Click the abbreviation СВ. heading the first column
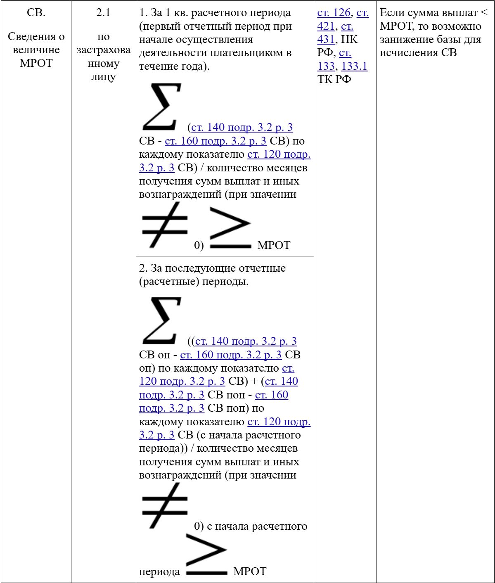[36, 13]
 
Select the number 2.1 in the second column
[103, 13]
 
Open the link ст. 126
[334, 13]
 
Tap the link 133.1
[354, 66]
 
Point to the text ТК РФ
[334, 79]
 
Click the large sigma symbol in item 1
[161, 107]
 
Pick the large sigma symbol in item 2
[161, 320]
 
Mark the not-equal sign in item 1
[164, 225]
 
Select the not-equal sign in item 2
[164, 506]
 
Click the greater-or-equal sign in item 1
[230, 228]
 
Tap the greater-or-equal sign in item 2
[206, 555]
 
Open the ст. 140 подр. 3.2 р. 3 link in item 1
[242, 128]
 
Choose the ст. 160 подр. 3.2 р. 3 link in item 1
[215, 141]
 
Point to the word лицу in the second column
[103, 77]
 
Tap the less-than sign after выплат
[484, 13]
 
